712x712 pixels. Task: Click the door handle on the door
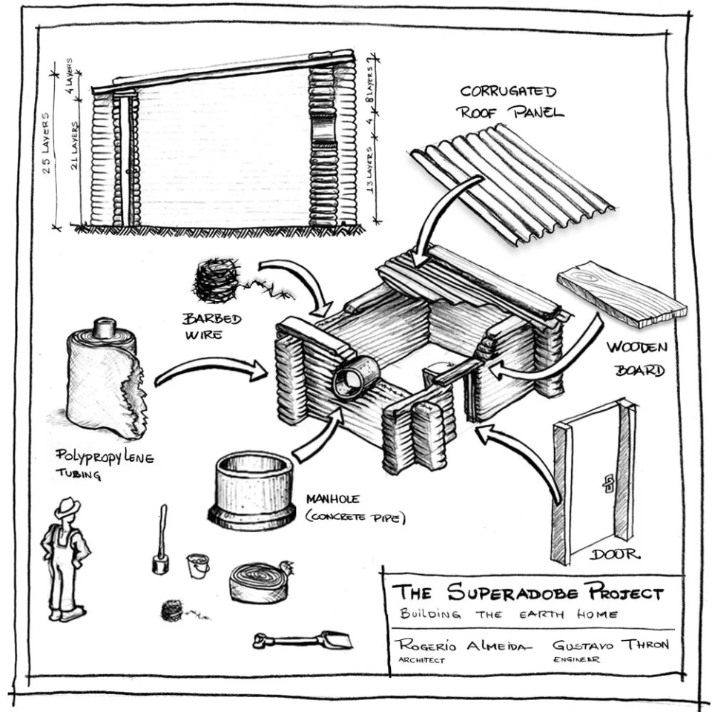click(607, 483)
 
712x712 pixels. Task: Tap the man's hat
click(67, 507)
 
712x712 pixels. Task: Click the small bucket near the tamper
click(197, 565)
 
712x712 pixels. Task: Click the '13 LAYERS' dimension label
click(369, 169)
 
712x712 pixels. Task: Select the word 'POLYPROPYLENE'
click(105, 456)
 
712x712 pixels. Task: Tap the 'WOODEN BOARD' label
click(637, 357)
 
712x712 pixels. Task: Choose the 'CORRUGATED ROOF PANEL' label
click(511, 102)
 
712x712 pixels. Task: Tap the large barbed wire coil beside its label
click(217, 281)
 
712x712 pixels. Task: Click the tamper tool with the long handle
click(161, 541)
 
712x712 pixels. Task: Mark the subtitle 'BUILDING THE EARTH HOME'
click(512, 614)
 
